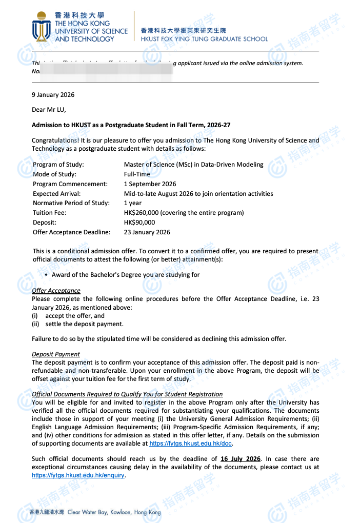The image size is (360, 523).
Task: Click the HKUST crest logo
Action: click(x=41, y=27)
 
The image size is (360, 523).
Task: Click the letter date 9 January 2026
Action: click(x=53, y=95)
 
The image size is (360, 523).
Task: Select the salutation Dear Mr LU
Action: click(x=49, y=109)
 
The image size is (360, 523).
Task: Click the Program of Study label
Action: click(x=58, y=165)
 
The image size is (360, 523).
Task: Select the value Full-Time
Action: click(x=137, y=174)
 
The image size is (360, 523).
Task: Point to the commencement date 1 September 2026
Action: click(x=150, y=184)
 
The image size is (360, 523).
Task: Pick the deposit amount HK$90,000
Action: click(x=139, y=223)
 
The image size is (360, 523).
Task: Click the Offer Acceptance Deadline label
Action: click(x=71, y=232)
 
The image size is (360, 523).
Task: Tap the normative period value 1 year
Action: click(x=132, y=203)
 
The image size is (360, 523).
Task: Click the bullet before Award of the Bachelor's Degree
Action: click(x=47, y=275)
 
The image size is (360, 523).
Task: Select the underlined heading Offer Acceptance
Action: click(x=56, y=291)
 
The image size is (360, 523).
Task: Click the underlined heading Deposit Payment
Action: click(x=56, y=354)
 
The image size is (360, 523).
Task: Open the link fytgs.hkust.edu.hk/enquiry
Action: click(x=78, y=475)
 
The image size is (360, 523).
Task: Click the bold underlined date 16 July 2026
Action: click(x=241, y=459)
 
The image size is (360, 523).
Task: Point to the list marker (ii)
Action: click(x=35, y=324)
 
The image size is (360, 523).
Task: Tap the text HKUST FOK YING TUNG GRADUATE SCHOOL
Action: click(x=204, y=39)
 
